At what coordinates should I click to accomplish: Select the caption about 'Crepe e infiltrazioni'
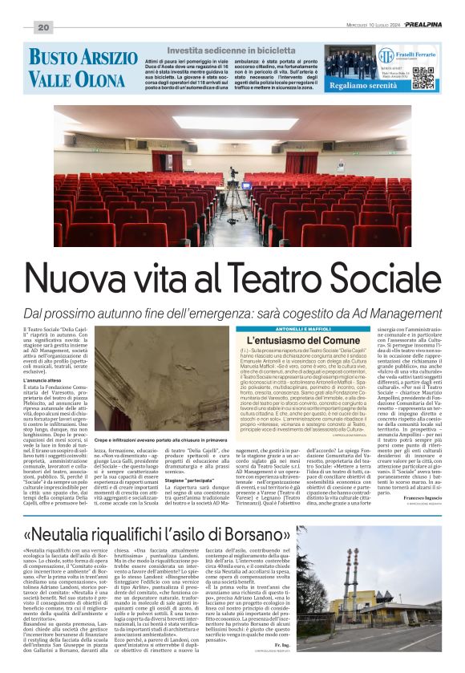165,440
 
